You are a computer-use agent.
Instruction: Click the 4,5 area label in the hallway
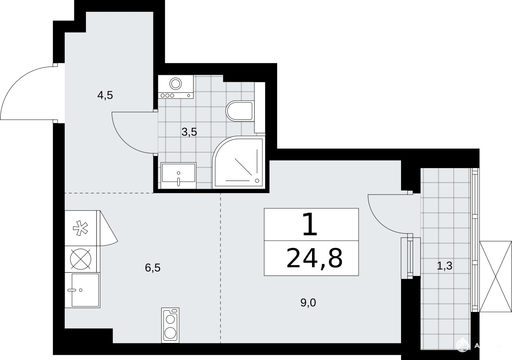coord(105,95)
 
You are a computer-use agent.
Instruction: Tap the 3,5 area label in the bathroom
coord(189,132)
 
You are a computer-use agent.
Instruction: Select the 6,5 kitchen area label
coord(153,268)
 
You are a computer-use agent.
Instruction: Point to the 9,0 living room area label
coord(308,303)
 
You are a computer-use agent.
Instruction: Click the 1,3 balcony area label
coord(445,266)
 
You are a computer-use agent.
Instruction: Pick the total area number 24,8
coord(315,259)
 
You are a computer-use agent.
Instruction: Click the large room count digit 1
coord(310,224)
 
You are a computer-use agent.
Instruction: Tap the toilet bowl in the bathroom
coord(240,111)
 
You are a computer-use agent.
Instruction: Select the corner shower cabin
coord(239,162)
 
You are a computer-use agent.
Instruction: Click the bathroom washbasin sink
coord(178,175)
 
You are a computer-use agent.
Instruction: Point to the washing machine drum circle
coord(176,83)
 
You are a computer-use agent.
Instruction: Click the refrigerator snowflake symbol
coord(80,228)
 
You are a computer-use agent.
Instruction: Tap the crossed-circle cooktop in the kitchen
coord(81,259)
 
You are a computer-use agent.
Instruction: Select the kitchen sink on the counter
coord(83,290)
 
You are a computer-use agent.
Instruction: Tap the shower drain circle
coord(257,181)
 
